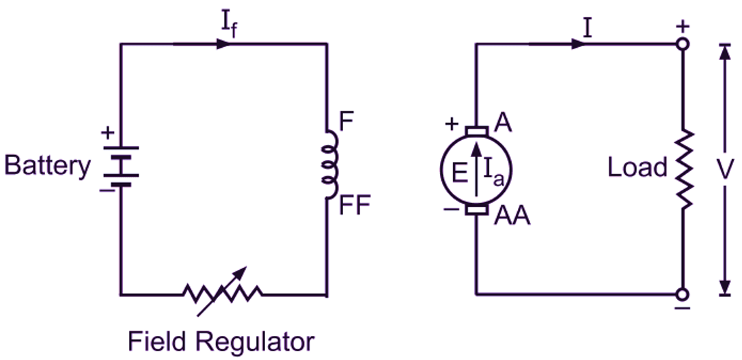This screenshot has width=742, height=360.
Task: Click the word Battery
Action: coord(47,166)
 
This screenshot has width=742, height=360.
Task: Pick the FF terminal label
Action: coord(354,205)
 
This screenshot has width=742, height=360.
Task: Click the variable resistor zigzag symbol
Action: coord(222,293)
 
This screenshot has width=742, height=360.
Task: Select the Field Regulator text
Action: coord(221,340)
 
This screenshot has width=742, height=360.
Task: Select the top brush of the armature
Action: coord(476,130)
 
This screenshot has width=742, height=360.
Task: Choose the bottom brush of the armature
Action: coord(476,209)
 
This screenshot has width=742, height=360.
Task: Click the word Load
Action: coord(637,167)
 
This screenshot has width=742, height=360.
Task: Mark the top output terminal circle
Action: coord(682,44)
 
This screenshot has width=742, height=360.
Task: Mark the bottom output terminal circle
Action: coord(682,294)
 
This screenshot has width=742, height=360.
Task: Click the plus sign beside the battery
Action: coord(107,133)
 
